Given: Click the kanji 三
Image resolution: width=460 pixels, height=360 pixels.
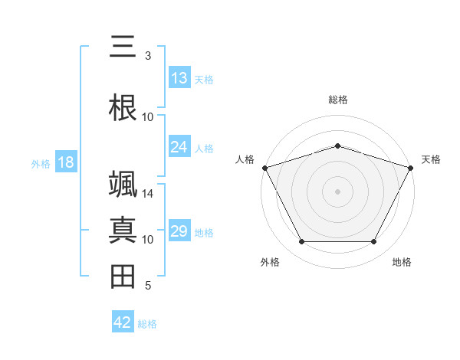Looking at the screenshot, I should tap(123, 47).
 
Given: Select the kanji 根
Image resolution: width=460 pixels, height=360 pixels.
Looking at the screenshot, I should tap(123, 107).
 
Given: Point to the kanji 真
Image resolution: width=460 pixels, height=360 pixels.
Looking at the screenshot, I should tap(123, 231).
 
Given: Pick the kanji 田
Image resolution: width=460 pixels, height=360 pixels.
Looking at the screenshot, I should tap(123, 276).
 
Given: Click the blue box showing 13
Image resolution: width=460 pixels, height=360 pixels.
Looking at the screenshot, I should tap(179, 78).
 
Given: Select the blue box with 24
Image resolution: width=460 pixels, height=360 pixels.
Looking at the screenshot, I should tap(179, 147).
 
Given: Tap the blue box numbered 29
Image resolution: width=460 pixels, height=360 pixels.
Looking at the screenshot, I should tap(179, 231).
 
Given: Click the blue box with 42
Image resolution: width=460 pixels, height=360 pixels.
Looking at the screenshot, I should tap(123, 322).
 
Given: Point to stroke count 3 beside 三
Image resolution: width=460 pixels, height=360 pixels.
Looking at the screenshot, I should tap(148, 56).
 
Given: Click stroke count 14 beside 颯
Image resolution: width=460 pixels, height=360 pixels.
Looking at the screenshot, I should tap(148, 193).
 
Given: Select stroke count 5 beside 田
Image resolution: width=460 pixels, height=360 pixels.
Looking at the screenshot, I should tap(148, 286).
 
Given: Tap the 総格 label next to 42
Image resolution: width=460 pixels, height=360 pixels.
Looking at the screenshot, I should tap(147, 324).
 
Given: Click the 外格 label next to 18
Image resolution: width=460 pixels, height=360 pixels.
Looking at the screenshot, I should tap(41, 164).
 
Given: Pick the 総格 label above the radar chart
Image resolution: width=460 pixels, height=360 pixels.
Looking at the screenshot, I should tap(337, 100).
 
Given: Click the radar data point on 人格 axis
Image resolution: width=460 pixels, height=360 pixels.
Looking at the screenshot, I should tap(264, 168).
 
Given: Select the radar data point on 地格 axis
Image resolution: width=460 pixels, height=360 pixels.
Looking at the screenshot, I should tap(373, 241).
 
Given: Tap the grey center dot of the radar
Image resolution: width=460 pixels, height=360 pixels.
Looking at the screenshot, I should tap(337, 191).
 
